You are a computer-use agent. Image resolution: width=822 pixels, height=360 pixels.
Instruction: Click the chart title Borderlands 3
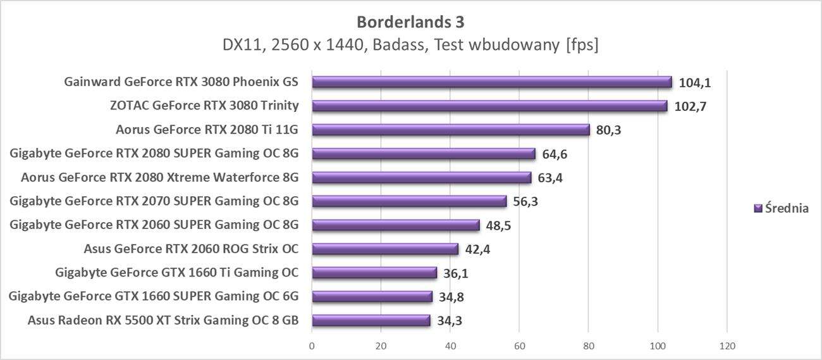pos(410,22)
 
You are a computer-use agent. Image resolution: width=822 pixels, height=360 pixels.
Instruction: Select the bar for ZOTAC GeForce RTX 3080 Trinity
pos(489,106)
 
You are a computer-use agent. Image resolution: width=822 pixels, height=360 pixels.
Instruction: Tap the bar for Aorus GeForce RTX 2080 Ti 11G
pos(451,130)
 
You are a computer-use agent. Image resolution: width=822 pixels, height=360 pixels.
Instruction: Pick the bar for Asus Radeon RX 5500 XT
pos(371,320)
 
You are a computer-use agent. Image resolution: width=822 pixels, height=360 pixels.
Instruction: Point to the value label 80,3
pos(609,130)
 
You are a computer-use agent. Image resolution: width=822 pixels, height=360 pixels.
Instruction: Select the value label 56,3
pos(526,201)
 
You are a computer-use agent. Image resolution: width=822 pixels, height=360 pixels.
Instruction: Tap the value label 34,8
pos(451,297)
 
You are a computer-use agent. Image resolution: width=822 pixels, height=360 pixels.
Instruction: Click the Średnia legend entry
pos(782,208)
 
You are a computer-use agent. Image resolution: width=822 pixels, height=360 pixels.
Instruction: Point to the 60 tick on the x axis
pos(519,346)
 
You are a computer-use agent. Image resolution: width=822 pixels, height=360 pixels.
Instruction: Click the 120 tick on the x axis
pos(727,346)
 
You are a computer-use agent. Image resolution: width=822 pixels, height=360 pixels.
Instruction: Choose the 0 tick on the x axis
pos(312,346)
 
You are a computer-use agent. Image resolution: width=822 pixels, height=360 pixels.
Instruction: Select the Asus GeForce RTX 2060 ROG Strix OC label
pos(191,249)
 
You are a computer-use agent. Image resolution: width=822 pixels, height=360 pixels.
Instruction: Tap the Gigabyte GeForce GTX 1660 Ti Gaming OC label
pos(177,273)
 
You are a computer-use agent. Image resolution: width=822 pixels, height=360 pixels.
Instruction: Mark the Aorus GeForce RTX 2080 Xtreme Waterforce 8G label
pos(159,177)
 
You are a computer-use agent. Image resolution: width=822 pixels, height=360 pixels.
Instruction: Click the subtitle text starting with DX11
pos(410,46)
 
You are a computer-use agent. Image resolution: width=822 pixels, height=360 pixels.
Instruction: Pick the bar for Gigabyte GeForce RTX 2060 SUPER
pos(396,225)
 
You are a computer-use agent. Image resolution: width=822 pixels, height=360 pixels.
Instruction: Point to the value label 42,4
pos(478,249)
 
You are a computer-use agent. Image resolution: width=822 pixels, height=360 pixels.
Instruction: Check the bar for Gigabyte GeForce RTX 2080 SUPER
pos(424,154)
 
